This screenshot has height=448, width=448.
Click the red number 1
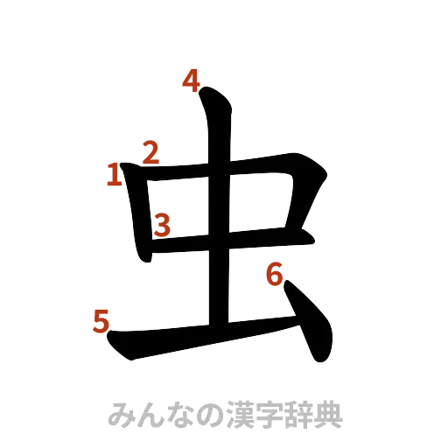click(113, 176)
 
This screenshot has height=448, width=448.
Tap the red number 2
click(150, 154)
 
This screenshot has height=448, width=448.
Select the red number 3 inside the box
click(162, 226)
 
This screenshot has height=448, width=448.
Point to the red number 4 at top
click(192, 81)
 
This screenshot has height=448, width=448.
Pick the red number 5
click(101, 322)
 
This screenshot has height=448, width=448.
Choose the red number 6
click(274, 276)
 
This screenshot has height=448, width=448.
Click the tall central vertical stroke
click(218, 262)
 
